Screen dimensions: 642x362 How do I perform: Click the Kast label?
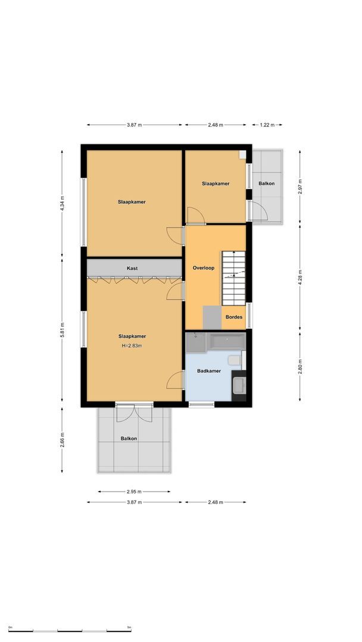[x=132, y=268]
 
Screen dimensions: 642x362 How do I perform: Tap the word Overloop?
[x=203, y=268]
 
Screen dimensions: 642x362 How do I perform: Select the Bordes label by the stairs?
[x=234, y=317]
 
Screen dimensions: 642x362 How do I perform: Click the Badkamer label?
[x=209, y=371]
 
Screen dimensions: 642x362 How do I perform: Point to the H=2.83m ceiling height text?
[x=132, y=345]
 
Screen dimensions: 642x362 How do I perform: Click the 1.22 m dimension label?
[x=267, y=125]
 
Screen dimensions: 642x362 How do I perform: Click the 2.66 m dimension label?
[x=62, y=440]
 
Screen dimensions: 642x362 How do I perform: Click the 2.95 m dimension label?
[x=134, y=492]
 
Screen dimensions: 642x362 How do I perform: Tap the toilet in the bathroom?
[x=235, y=360]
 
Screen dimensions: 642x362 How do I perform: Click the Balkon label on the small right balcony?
[x=266, y=184]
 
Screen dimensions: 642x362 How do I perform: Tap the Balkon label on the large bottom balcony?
[x=129, y=439]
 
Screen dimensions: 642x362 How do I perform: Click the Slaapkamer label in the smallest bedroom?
[x=215, y=184]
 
